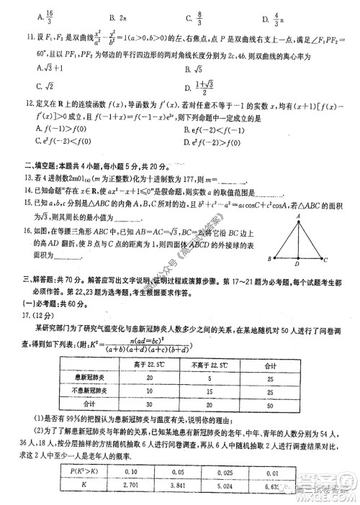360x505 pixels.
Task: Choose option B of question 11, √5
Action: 191,70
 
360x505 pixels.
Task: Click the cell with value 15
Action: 208,393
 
